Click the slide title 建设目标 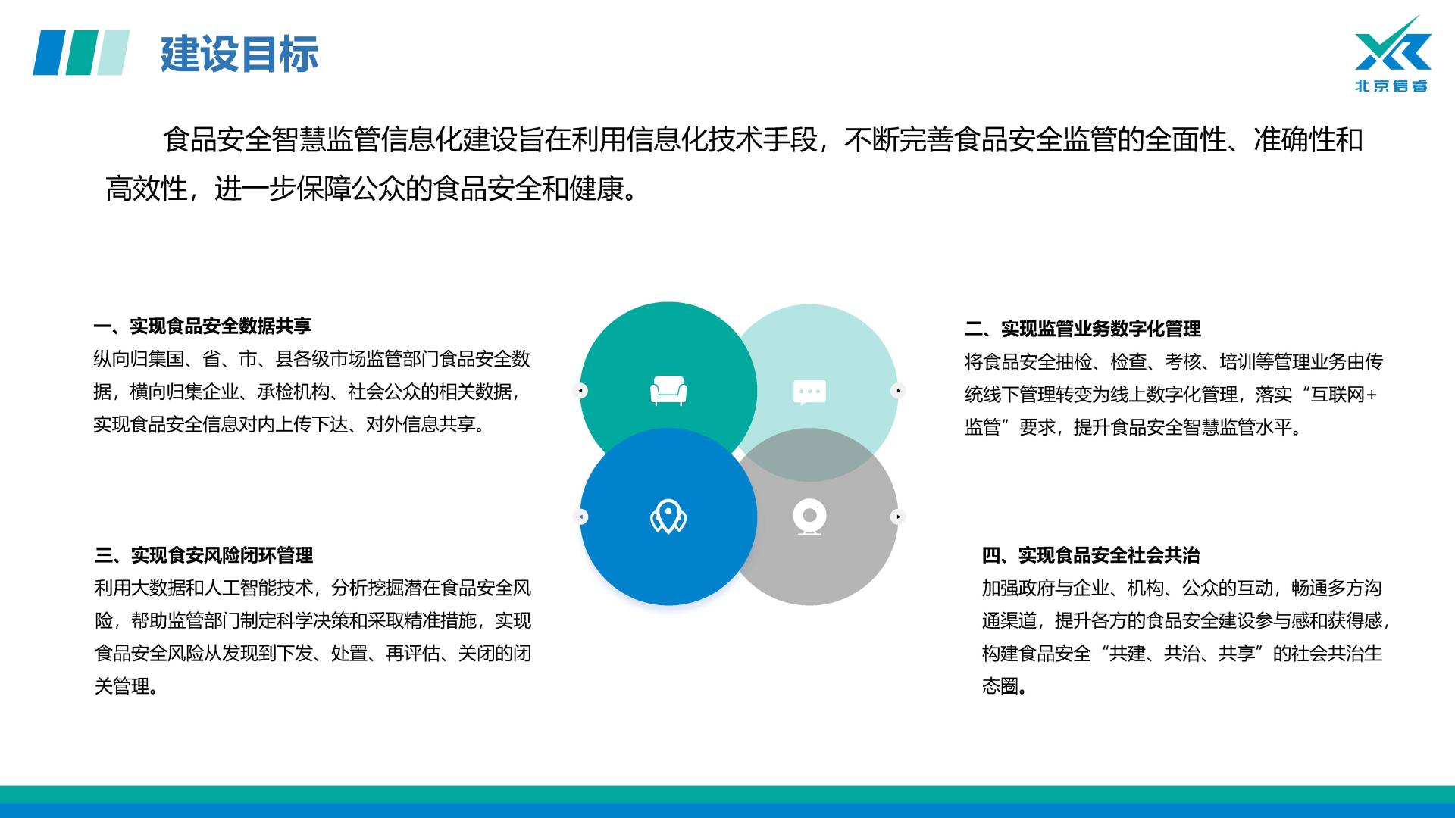[239, 54]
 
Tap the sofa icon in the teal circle [668, 391]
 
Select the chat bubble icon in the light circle [809, 392]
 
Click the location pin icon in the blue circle [668, 517]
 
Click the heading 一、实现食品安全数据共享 [202, 326]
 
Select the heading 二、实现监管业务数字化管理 [1083, 329]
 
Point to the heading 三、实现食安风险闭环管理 [204, 555]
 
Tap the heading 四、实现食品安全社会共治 [1091, 555]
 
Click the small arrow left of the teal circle [580, 391]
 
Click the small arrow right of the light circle [898, 391]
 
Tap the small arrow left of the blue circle [580, 517]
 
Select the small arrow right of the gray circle [898, 517]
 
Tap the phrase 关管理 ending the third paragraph [122, 686]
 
